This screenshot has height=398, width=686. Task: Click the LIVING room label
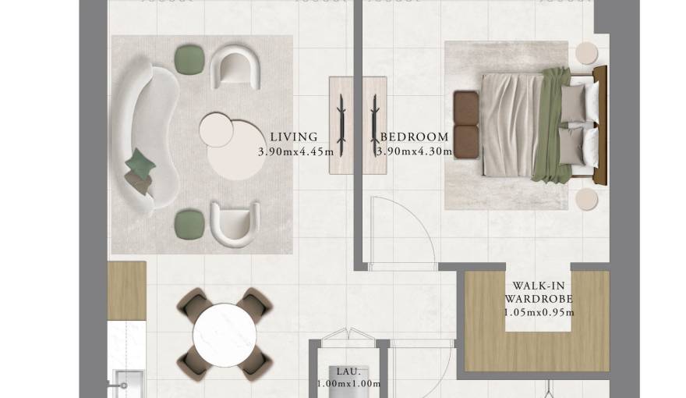tap(294, 137)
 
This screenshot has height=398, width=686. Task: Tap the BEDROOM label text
tap(414, 137)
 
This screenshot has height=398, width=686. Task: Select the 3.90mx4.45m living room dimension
tap(295, 152)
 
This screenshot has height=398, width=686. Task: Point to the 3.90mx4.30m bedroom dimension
tap(414, 152)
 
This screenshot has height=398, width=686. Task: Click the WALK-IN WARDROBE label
tap(539, 293)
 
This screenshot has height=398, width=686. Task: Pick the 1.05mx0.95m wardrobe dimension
tap(539, 313)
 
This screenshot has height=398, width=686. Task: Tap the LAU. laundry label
tap(348, 371)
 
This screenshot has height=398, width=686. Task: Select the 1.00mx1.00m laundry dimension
tap(348, 384)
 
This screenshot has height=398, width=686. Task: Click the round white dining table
tap(225, 335)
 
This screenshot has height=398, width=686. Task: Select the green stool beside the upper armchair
tap(189, 59)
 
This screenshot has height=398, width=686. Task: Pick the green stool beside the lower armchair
tap(189, 225)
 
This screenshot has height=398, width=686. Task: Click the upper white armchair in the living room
tap(235, 66)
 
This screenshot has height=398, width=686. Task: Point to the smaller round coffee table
tap(216, 130)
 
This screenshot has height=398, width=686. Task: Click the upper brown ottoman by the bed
tap(466, 108)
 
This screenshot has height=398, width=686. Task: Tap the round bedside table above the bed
tap(586, 53)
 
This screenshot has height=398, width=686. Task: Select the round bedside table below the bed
tap(586, 199)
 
